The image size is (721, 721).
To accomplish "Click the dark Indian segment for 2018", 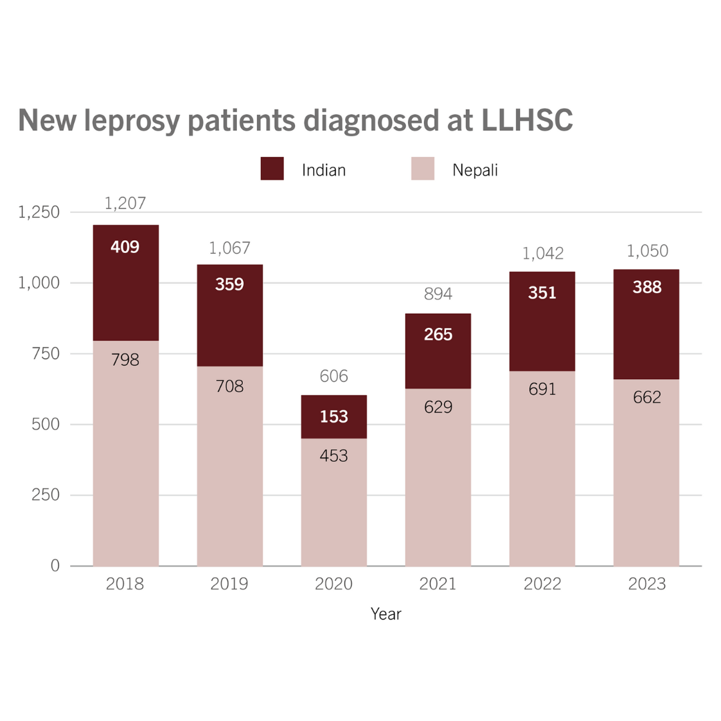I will click(x=126, y=294).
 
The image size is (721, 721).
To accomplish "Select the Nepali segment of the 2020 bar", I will click(x=334, y=507).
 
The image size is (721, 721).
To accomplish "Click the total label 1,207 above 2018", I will click(x=126, y=204).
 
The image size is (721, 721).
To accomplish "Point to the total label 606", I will click(x=334, y=377).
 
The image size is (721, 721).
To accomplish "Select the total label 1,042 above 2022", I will click(x=543, y=254).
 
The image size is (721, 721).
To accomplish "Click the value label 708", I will click(x=230, y=386).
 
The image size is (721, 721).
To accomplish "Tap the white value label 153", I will click(x=334, y=417).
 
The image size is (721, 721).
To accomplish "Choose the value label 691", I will click(x=542, y=389).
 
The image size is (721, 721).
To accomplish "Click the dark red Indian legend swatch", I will click(x=272, y=169).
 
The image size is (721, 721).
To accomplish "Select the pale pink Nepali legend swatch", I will click(x=423, y=169).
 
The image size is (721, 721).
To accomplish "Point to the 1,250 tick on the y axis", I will click(x=39, y=212).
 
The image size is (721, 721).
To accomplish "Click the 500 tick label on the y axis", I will click(x=45, y=425).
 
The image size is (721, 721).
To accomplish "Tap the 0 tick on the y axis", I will click(x=55, y=566).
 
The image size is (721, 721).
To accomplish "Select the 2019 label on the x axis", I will click(x=230, y=585).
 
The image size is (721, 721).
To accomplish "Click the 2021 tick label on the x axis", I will click(x=438, y=585).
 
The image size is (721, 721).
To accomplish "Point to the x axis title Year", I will click(x=386, y=614).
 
